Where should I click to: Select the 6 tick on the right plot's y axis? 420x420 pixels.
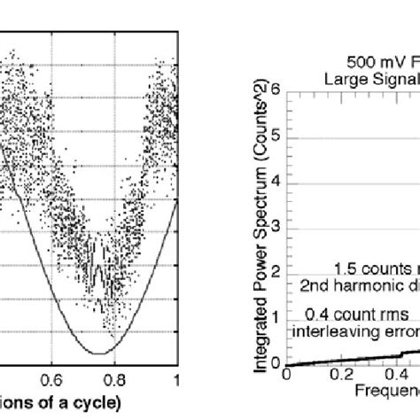tap(276, 89)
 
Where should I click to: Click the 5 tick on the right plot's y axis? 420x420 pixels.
tap(276, 135)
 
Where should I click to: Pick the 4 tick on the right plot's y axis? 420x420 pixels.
tap(276, 181)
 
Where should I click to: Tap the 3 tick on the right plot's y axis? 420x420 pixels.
tap(276, 226)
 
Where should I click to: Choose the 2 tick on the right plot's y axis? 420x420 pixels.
tap(276, 272)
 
